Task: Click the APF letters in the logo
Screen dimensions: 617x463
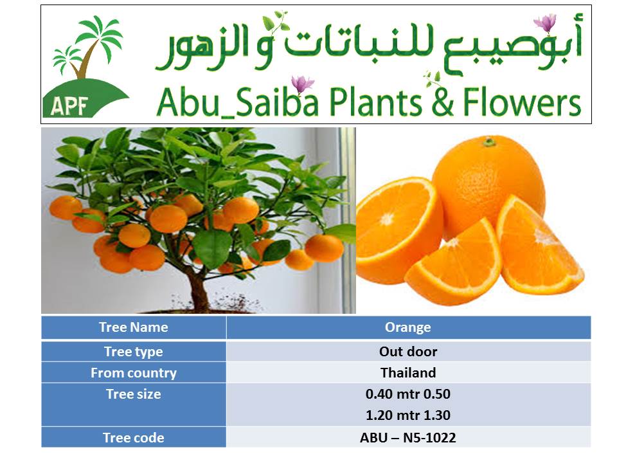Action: click(69, 105)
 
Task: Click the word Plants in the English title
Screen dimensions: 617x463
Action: click(375, 102)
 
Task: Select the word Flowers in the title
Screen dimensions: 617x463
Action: click(522, 102)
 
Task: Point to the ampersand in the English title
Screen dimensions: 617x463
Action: click(442, 102)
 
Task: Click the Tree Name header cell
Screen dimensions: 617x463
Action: click(134, 327)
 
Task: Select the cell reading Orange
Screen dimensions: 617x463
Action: click(408, 327)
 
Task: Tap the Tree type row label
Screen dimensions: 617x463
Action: click(134, 352)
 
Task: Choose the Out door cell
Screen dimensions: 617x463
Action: click(408, 352)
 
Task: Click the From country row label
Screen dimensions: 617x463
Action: click(134, 373)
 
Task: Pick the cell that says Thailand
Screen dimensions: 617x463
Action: click(408, 373)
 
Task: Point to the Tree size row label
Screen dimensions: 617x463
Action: click(134, 394)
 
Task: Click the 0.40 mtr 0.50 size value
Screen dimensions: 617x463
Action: click(408, 394)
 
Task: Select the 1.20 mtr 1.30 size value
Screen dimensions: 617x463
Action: click(408, 415)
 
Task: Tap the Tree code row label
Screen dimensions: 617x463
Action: click(134, 438)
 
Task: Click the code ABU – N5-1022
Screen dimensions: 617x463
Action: click(408, 438)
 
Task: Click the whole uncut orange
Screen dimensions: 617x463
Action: click(488, 185)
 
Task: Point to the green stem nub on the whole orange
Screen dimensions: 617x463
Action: click(489, 141)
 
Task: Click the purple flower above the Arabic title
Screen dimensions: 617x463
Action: click(546, 23)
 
